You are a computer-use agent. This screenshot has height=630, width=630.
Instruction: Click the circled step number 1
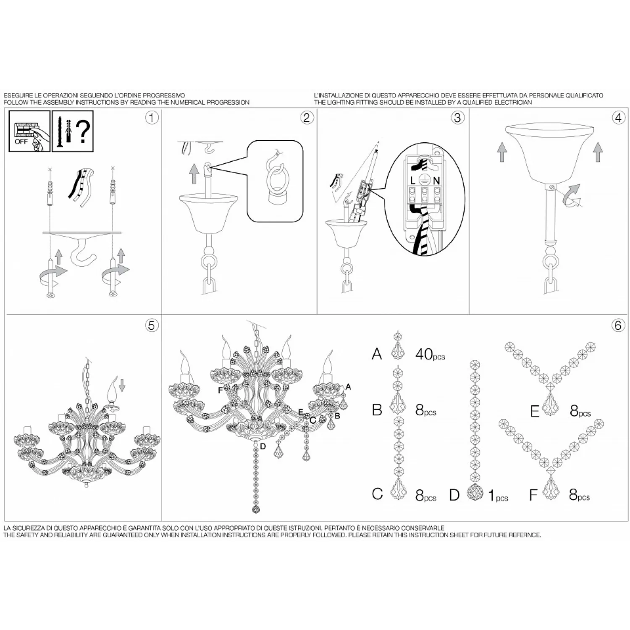pos(152,118)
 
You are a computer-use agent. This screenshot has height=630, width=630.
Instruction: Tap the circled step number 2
pos(307,118)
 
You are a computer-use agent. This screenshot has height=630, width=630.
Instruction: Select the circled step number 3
pos(457,118)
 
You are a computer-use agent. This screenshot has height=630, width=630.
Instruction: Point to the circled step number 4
pos(618,118)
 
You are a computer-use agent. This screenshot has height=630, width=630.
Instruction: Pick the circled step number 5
pos(152,325)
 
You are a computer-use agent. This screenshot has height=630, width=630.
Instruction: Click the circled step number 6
pos(618,325)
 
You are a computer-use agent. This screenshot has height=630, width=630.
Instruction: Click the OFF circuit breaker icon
pos(29,131)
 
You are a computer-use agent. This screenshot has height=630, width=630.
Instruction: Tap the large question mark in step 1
pos(84,131)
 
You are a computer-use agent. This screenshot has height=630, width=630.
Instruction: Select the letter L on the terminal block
pos(413,181)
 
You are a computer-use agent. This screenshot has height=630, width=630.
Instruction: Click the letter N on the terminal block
pos(436,181)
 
